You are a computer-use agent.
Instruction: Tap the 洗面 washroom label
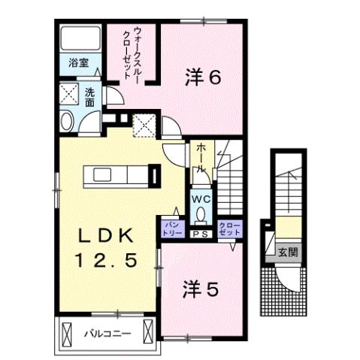89,97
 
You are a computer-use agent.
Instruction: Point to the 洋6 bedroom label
204,77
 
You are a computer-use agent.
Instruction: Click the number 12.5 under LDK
105,262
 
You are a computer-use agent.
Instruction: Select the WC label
200,198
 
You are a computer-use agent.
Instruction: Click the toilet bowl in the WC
200,214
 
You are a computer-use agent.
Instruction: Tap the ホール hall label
201,160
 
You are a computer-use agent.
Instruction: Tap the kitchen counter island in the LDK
120,176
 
